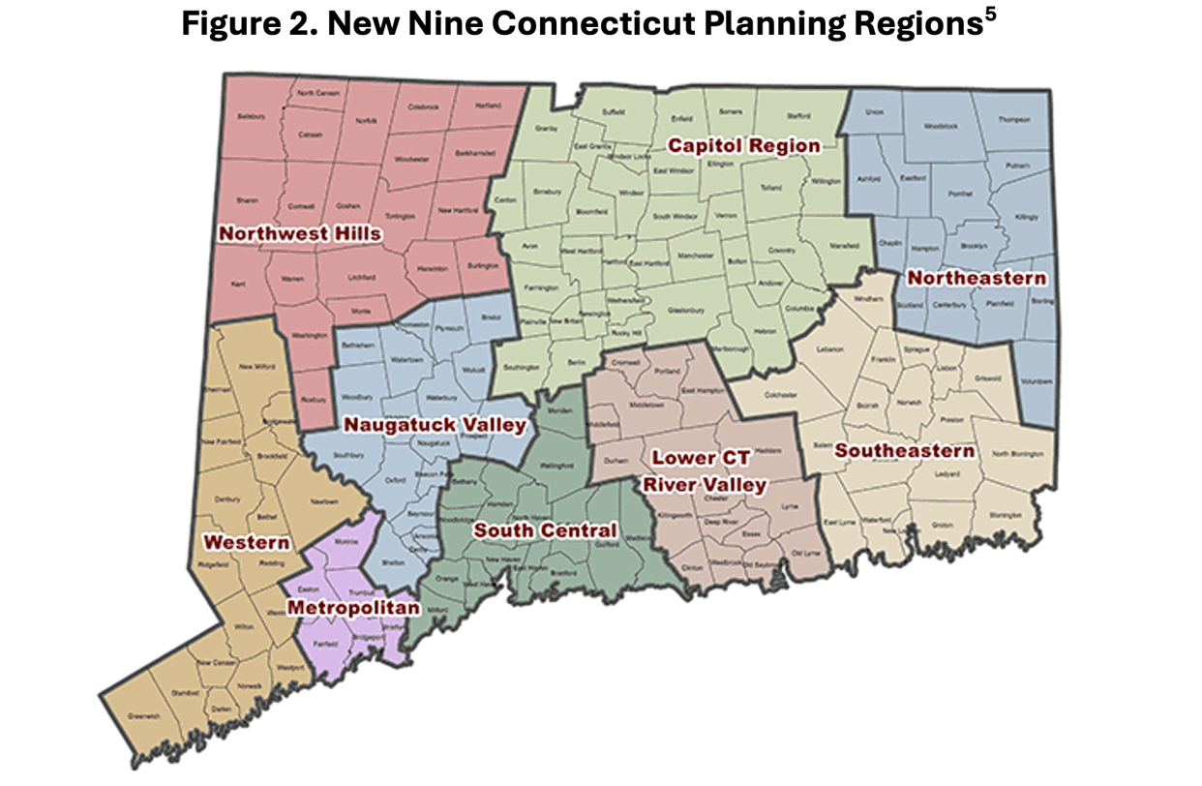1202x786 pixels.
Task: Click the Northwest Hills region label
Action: pyautogui.click(x=299, y=233)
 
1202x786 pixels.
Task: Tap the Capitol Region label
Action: pyautogui.click(x=744, y=146)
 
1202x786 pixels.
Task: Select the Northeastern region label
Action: pyautogui.click(x=977, y=279)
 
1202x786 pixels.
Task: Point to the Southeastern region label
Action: pyautogui.click(x=904, y=451)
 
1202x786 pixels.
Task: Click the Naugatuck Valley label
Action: pyautogui.click(x=435, y=425)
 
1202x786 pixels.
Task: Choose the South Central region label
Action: pyautogui.click(x=544, y=530)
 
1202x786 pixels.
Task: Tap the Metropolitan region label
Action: pyautogui.click(x=353, y=608)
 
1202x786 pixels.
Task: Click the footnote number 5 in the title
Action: pyautogui.click(x=989, y=16)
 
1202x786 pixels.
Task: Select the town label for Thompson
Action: pyautogui.click(x=1014, y=120)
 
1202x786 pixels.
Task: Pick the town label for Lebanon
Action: pyautogui.click(x=830, y=349)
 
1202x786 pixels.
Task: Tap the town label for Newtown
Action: pyautogui.click(x=324, y=501)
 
